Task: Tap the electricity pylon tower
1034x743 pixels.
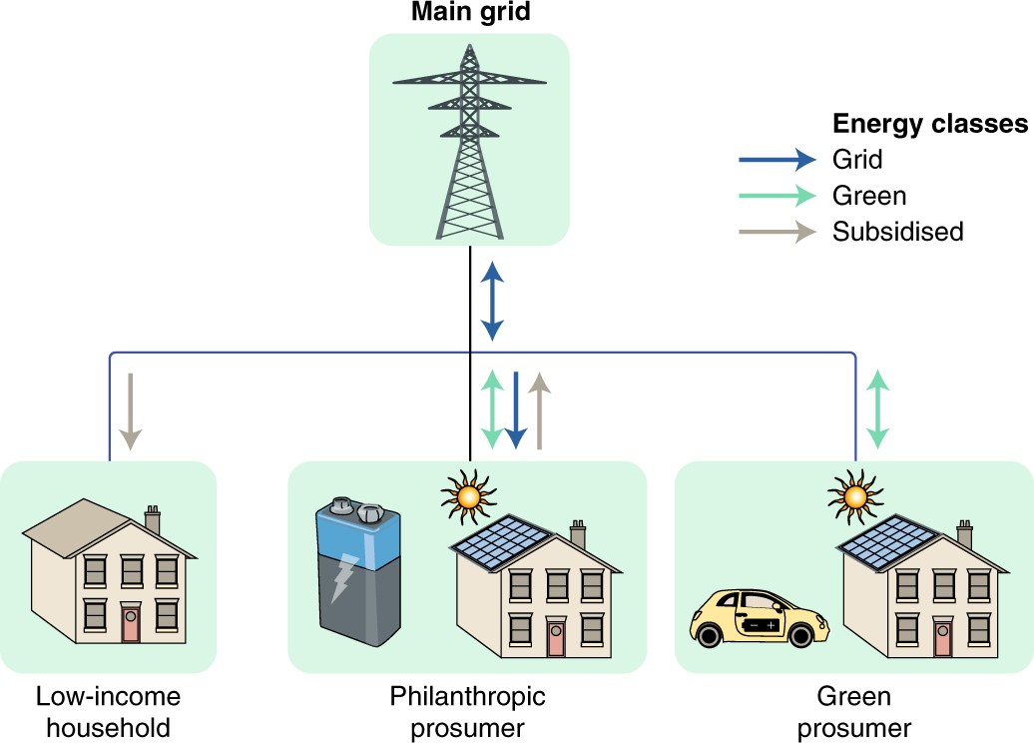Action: [469, 140]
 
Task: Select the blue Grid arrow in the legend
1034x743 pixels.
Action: [776, 158]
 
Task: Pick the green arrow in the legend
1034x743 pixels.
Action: [776, 195]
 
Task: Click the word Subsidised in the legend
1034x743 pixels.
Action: [897, 232]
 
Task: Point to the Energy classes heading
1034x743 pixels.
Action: [930, 124]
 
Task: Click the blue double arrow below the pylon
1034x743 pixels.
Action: [492, 299]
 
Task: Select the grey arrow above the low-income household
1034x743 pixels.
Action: [132, 409]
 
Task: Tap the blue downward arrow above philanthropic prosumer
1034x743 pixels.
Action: [515, 409]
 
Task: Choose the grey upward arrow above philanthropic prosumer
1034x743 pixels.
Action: [539, 409]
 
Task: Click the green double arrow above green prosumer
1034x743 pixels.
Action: [877, 407]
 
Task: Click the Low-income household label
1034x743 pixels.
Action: [109, 711]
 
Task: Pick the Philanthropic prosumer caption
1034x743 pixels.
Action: [468, 711]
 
